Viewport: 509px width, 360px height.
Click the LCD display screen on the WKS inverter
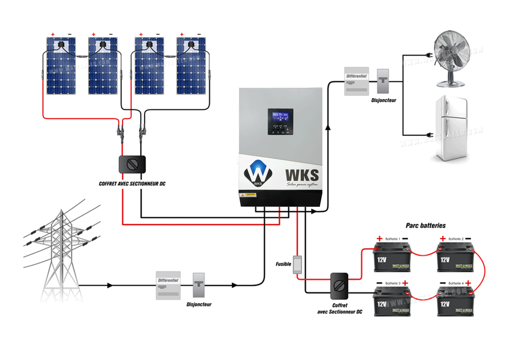click(x=280, y=117)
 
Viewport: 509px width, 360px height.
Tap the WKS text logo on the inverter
click(x=302, y=175)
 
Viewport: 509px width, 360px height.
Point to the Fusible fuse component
click(x=297, y=264)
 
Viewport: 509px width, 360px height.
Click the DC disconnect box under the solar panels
click(x=132, y=164)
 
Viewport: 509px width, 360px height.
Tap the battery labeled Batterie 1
click(x=392, y=258)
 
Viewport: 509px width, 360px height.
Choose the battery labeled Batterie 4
click(x=456, y=302)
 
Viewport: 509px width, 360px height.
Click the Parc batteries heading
click(x=425, y=225)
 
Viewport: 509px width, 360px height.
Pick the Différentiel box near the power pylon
click(x=168, y=285)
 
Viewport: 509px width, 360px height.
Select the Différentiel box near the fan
click(x=357, y=81)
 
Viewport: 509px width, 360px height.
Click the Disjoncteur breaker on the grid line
click(x=199, y=285)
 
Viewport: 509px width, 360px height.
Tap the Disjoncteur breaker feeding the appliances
click(x=383, y=81)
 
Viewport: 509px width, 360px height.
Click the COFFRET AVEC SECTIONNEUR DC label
click(x=132, y=184)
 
